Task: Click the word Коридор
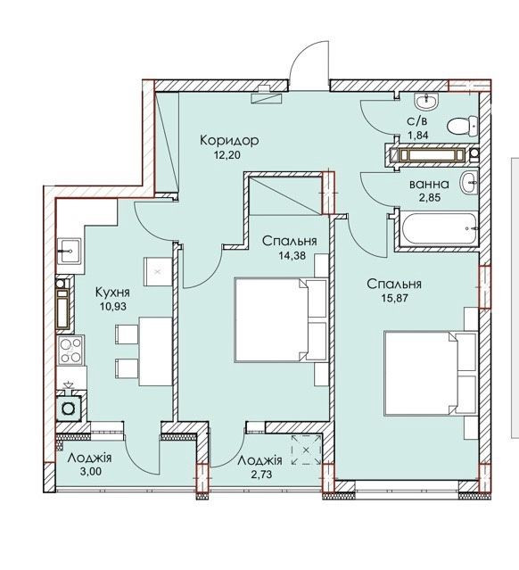(x=229, y=140)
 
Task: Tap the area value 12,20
(x=227, y=155)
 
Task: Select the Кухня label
(x=112, y=292)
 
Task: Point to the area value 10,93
(x=113, y=307)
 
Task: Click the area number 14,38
(x=292, y=255)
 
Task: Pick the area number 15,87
(x=395, y=298)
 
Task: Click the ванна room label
(x=429, y=185)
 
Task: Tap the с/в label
(x=417, y=120)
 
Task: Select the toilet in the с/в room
(x=462, y=127)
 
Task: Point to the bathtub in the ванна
(x=439, y=229)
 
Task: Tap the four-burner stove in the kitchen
(x=70, y=350)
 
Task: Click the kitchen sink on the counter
(x=69, y=250)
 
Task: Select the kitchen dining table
(x=155, y=351)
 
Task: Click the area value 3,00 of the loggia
(x=90, y=472)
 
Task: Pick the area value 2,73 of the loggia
(x=260, y=474)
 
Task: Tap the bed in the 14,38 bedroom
(x=281, y=320)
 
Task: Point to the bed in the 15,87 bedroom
(x=431, y=373)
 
